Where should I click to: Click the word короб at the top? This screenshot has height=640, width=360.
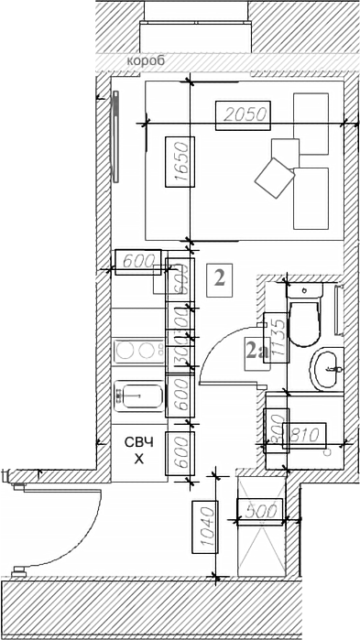pyautogui.click(x=146, y=60)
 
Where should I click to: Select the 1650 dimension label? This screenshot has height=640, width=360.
pyautogui.click(x=180, y=162)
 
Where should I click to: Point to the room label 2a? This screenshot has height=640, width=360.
pyautogui.click(x=254, y=348)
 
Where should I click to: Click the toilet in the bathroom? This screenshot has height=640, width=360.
pyautogui.click(x=304, y=311)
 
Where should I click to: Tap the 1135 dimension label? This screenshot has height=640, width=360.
pyautogui.click(x=277, y=340)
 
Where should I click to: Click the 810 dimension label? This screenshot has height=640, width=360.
pyautogui.click(x=306, y=430)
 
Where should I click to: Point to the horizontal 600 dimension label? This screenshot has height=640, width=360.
pyautogui.click(x=136, y=261)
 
